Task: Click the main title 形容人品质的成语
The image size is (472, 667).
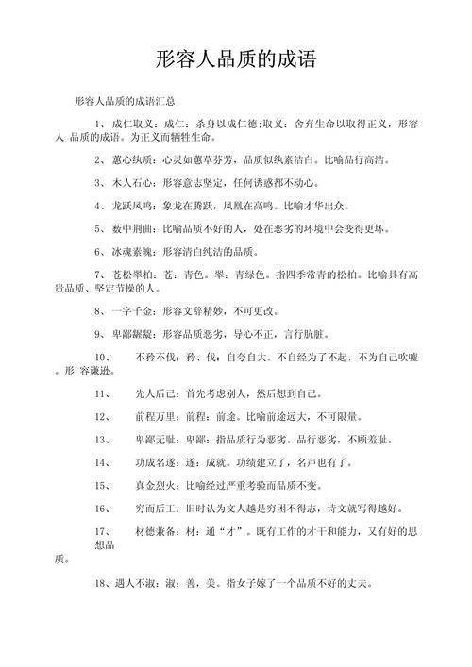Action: pos(236,61)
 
